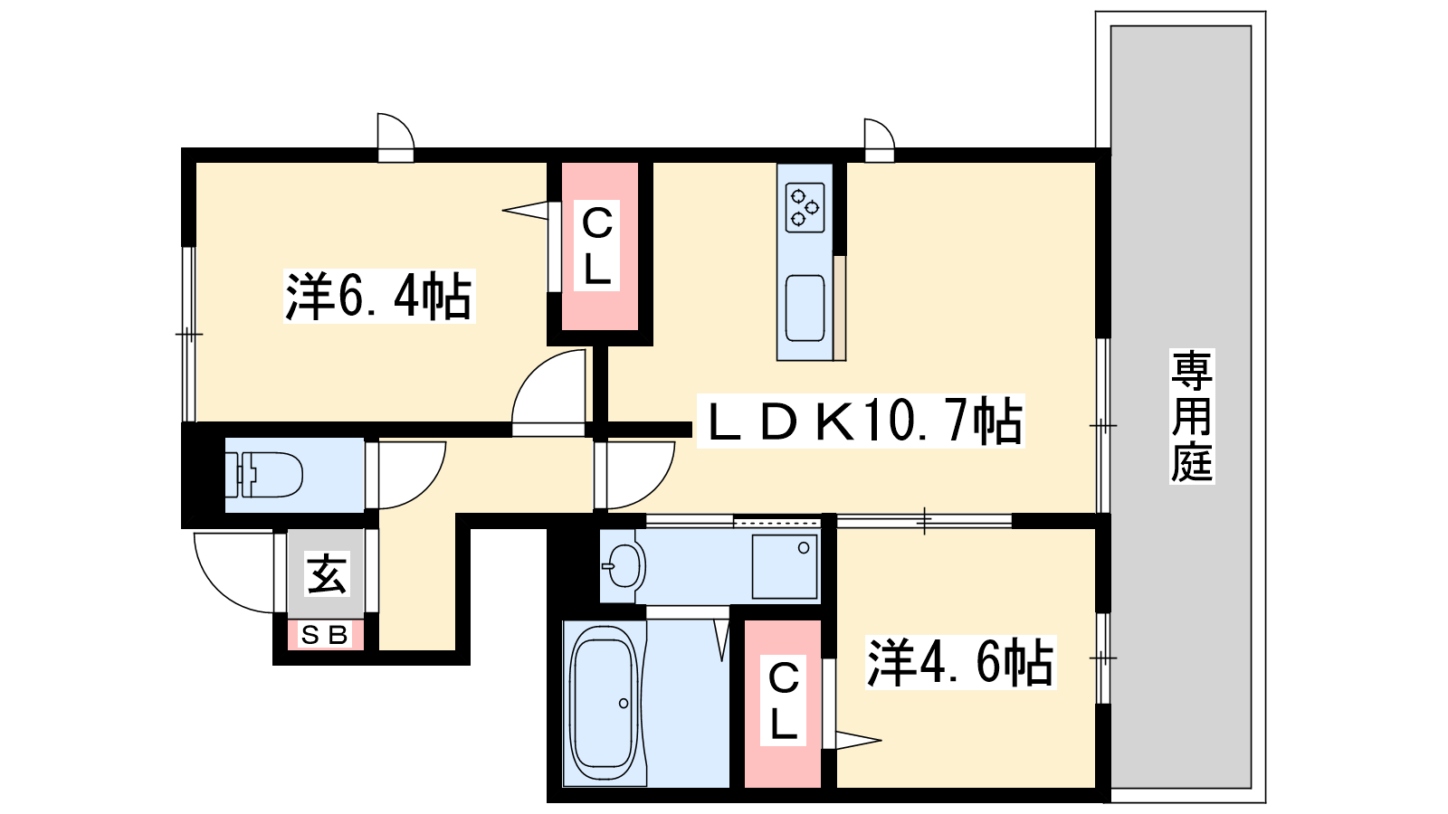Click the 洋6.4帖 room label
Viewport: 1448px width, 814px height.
click(379, 297)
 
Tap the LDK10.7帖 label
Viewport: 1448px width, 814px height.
click(861, 421)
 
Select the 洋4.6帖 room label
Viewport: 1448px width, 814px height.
click(960, 662)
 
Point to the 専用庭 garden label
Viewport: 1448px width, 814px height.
click(1192, 416)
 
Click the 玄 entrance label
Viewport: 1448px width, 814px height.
click(327, 573)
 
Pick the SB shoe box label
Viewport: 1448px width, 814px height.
click(325, 635)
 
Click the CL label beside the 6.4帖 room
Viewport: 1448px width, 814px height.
click(596, 245)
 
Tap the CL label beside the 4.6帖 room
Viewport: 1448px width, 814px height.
click(783, 701)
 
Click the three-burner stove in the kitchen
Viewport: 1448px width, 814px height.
click(805, 207)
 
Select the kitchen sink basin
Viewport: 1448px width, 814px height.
click(805, 308)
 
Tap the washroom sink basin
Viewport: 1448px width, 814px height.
click(622, 565)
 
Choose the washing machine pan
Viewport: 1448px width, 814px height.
click(785, 566)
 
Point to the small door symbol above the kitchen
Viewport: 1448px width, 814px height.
click(879, 140)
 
